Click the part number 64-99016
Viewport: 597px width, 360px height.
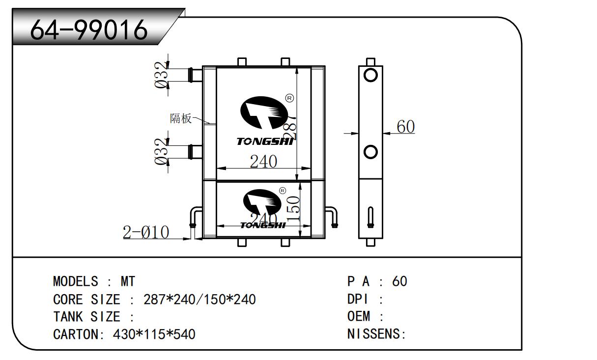point(89,30)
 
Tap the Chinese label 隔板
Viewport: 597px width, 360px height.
point(180,118)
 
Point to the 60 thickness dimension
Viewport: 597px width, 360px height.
point(405,127)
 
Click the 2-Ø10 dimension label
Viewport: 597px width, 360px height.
point(145,232)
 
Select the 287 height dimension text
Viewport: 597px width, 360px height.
point(291,127)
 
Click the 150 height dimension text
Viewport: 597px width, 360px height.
point(293,208)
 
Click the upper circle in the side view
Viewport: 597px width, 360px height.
point(370,75)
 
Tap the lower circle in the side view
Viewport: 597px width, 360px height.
point(370,152)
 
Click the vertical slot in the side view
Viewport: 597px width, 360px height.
point(370,217)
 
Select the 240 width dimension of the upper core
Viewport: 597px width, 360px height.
point(263,161)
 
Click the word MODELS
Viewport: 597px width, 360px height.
point(75,281)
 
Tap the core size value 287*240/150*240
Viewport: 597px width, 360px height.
point(199,299)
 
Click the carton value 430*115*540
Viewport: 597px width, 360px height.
point(154,334)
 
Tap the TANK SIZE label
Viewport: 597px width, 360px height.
point(86,317)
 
